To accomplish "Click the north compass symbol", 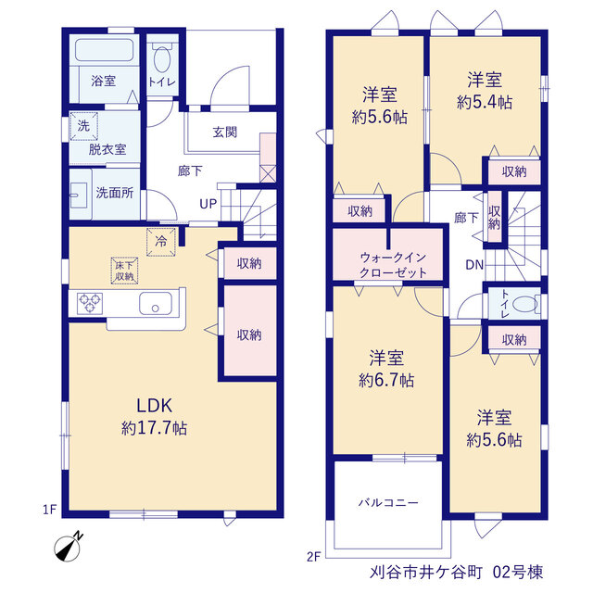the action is click(68, 548).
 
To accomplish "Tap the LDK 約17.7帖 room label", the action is click(155, 417).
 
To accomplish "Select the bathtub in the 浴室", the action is click(105, 50).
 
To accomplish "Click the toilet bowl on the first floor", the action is click(162, 58).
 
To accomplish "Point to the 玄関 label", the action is click(225, 132).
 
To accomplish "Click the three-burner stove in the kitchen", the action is click(90, 303).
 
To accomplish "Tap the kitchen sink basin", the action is click(156, 304).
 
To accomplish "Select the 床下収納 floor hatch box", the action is click(124, 271).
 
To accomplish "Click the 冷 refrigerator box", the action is click(161, 242).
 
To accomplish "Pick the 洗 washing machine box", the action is click(84, 126).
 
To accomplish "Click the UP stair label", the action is click(208, 204).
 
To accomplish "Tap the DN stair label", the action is click(474, 265).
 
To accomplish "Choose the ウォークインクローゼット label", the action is click(393, 265).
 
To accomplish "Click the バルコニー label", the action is click(388, 502).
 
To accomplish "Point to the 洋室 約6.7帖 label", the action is click(386, 369).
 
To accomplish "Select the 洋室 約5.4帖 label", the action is click(485, 91).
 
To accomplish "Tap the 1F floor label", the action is click(49, 510).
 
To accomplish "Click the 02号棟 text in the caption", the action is click(518, 573).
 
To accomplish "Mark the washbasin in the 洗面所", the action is click(80, 195).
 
